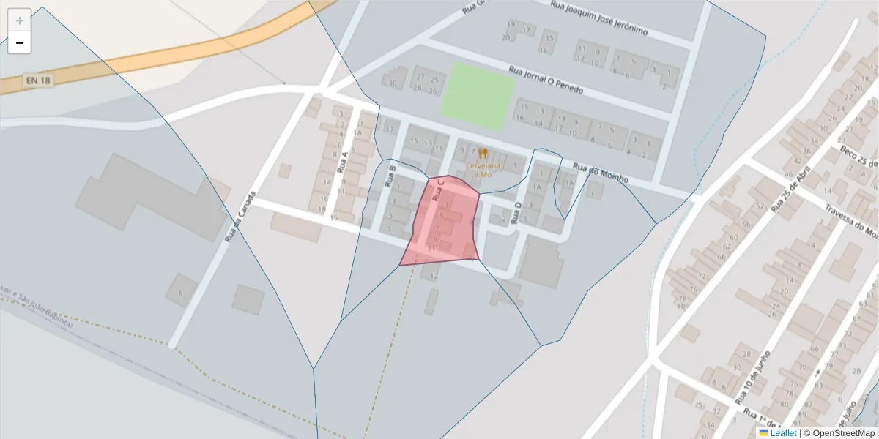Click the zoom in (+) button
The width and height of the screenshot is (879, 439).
tap(19, 20)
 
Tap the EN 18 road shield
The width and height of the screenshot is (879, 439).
tap(38, 80)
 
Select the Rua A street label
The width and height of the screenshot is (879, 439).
tap(341, 162)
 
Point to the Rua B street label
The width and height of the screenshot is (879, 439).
tap(390, 176)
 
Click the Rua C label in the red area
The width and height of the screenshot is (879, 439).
tap(439, 190)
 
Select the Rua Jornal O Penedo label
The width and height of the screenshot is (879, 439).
tap(546, 80)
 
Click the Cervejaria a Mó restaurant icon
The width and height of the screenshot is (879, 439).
tap(483, 154)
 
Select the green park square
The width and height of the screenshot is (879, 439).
tap(478, 97)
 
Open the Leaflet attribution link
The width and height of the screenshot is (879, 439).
tap(782, 433)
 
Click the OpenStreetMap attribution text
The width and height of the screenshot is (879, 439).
tap(840, 433)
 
